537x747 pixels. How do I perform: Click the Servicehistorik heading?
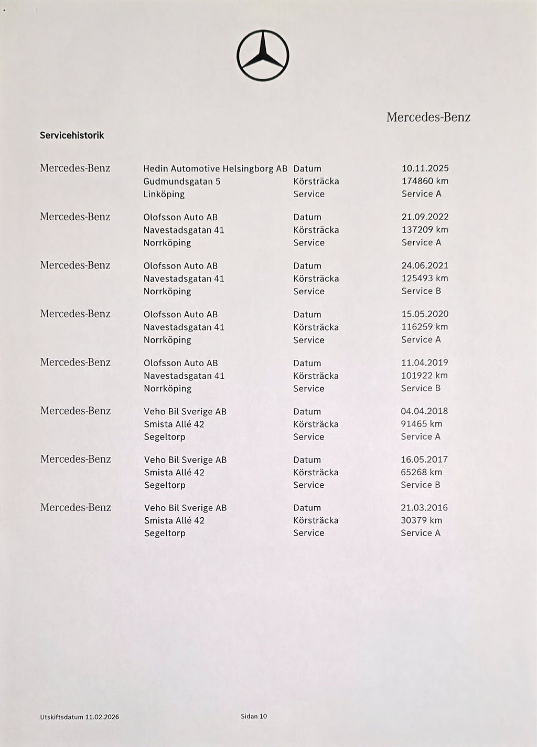point(72,135)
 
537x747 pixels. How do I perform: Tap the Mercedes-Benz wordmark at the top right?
point(428,117)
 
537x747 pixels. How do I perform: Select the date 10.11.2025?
point(425,168)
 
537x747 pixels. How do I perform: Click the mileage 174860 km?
point(425,181)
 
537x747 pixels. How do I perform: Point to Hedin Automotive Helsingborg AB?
point(215,169)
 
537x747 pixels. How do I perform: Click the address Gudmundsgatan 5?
point(181,182)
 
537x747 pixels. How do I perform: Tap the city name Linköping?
point(164,194)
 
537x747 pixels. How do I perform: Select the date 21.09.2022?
point(425,217)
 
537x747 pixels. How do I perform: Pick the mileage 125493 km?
point(425,278)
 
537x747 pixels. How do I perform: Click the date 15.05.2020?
point(425,314)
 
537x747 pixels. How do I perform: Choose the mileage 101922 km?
point(424,375)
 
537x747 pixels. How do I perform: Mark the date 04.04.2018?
point(424,411)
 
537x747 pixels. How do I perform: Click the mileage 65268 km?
point(421,472)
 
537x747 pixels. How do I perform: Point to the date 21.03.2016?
point(424,507)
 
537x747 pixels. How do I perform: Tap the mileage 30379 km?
point(421,520)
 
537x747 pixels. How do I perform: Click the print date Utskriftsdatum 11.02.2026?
point(79,717)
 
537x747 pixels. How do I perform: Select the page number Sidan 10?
point(254,716)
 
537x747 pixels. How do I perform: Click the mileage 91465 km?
point(421,423)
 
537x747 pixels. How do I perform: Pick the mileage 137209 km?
point(425,229)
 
